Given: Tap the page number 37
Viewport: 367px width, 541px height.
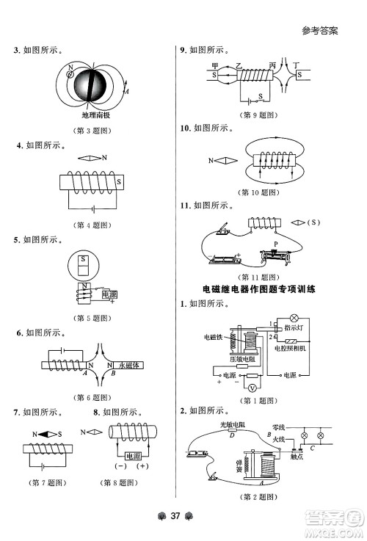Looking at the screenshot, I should (x=175, y=514).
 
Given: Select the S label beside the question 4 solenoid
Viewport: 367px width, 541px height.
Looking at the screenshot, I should (x=120, y=181).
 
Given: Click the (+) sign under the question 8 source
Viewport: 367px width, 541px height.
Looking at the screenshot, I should (x=142, y=466).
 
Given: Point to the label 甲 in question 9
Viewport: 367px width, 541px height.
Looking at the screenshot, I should (x=215, y=65).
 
